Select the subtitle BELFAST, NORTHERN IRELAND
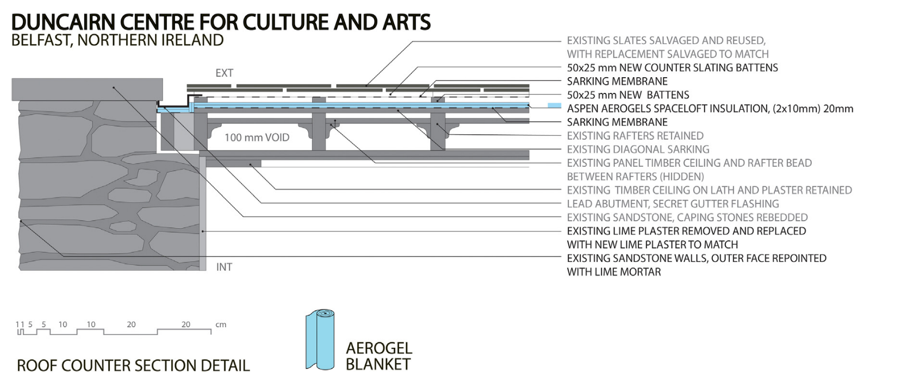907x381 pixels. (x=117, y=41)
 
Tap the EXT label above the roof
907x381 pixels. (x=224, y=73)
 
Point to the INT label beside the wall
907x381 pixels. (x=224, y=267)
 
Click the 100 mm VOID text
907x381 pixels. (x=257, y=138)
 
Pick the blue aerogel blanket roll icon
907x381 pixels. (x=320, y=340)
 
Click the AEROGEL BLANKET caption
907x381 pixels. (x=378, y=356)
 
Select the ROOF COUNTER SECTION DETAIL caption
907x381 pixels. (x=133, y=366)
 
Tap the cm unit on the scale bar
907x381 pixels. (x=221, y=324)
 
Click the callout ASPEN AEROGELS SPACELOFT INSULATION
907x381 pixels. (x=710, y=109)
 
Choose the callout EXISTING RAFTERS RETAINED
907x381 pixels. (x=635, y=136)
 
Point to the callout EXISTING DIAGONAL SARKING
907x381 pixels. (x=638, y=149)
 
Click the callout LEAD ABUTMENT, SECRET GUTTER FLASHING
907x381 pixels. (x=673, y=204)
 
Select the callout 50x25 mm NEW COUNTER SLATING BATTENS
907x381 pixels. (x=672, y=68)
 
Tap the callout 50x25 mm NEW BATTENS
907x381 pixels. (x=628, y=95)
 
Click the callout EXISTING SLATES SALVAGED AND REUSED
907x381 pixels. (x=666, y=41)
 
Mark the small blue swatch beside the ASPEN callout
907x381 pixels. (x=554, y=105)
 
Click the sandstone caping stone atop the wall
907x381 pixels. (x=87, y=89)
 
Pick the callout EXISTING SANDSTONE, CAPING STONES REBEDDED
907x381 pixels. (x=687, y=217)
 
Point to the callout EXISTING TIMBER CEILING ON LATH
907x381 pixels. (x=709, y=190)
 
